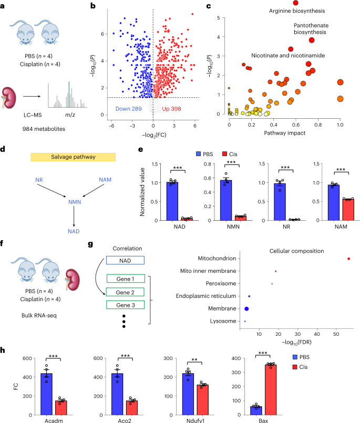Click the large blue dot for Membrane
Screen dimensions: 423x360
point(246,308)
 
